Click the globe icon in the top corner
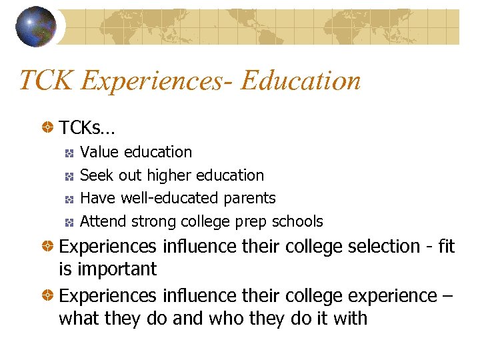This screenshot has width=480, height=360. [x=37, y=26]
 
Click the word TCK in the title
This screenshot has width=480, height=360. [x=46, y=81]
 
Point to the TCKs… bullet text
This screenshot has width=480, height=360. [x=87, y=127]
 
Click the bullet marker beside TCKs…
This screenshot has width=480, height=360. [x=48, y=126]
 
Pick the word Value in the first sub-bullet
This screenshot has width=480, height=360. [x=100, y=152]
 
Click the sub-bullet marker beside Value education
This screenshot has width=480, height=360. [x=69, y=153]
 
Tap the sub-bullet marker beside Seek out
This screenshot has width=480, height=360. [x=69, y=176]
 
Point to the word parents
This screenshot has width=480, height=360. [x=251, y=199]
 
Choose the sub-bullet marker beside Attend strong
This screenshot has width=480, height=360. [x=69, y=222]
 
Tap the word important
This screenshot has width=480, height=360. [x=117, y=269]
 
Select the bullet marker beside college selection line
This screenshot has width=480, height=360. [x=48, y=246]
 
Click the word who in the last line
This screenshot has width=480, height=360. [x=206, y=318]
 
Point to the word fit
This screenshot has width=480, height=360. [x=444, y=246]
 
